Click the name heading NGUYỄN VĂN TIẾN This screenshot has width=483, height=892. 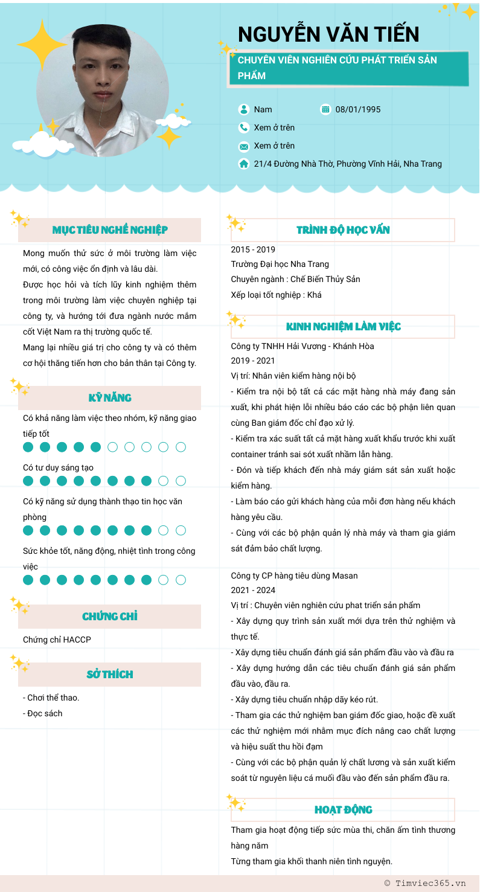[328, 34]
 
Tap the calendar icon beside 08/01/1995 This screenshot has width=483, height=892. [325, 109]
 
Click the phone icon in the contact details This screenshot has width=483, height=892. [244, 127]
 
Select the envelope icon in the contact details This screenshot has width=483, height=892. [244, 146]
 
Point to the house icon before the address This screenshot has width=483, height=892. [244, 164]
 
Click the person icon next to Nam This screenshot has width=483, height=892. [244, 109]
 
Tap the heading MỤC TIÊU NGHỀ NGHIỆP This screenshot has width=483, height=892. [110, 230]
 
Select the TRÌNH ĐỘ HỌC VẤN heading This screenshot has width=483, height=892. [343, 230]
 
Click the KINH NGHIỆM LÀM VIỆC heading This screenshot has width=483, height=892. [343, 327]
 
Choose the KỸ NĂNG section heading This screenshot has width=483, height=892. [110, 398]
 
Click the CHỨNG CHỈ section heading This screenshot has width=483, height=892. [110, 617]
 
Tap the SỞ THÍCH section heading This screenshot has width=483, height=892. [110, 675]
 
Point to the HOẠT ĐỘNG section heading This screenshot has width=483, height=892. [343, 810]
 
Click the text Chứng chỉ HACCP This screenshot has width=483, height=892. [57, 640]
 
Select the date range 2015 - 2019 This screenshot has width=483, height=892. [253, 249]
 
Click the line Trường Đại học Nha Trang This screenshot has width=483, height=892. [280, 264]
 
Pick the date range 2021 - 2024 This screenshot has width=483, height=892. [253, 590]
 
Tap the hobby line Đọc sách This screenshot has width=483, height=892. [45, 713]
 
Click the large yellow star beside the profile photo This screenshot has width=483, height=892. [42, 45]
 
